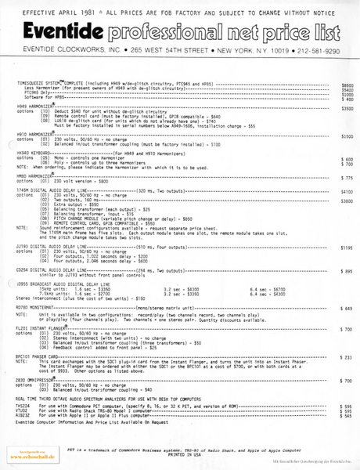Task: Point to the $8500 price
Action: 347,84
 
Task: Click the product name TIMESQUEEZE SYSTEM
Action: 45,83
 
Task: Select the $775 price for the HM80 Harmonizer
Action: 347,178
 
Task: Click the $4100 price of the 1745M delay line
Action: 347,192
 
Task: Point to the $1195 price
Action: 347,247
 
